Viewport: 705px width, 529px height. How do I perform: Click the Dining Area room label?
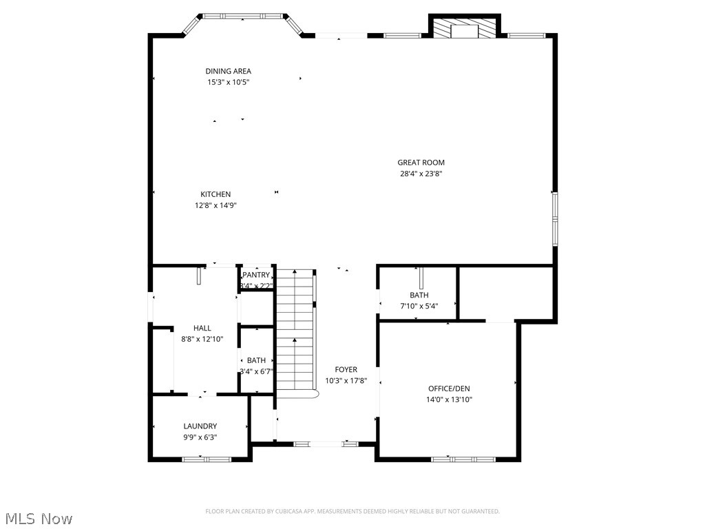pos(228,71)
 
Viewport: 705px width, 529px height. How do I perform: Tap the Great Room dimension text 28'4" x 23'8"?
pos(421,174)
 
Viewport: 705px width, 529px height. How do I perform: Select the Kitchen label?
pos(215,194)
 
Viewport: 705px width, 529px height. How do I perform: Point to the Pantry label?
pos(256,275)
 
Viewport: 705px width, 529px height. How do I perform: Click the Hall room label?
pos(202,328)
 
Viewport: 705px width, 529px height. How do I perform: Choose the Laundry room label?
pos(200,426)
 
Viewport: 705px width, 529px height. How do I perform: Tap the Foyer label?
pos(346,370)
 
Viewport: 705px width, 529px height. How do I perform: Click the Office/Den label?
pos(448,388)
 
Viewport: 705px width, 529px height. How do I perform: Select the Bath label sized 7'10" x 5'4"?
pos(419,295)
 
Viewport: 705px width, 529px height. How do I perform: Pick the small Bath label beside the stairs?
pos(256,360)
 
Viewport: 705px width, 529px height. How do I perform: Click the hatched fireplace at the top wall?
pos(464,28)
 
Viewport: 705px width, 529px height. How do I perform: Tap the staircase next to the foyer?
pos(295,331)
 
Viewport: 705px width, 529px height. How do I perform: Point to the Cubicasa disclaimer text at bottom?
pos(352,511)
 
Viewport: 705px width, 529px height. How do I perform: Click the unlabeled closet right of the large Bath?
pos(506,293)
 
